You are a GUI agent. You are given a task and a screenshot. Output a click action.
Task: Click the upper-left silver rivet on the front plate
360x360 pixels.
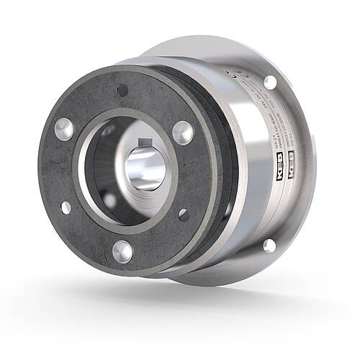tap(63, 129)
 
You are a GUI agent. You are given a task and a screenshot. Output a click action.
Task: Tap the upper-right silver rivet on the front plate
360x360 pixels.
tap(183, 132)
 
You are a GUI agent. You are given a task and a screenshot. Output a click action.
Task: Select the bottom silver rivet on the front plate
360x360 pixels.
tap(123, 251)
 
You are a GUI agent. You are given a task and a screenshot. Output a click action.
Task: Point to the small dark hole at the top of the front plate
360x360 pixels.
tap(122, 90)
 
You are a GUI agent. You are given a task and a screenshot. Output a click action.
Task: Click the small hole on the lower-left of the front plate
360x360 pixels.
tap(66, 207)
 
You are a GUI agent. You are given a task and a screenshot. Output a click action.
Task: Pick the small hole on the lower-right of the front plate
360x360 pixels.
tap(184, 215)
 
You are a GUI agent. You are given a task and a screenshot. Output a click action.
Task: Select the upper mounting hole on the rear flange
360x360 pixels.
tap(270, 81)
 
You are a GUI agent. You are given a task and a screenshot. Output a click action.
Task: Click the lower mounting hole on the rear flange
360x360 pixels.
tap(269, 246)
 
